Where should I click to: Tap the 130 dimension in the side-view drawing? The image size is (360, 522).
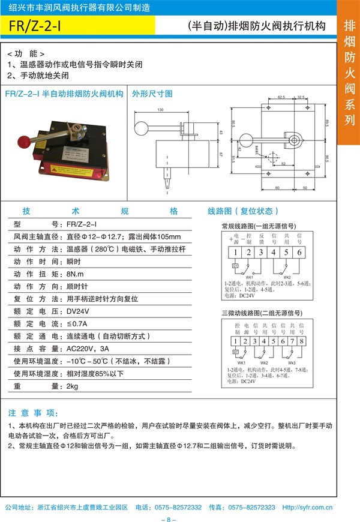160,110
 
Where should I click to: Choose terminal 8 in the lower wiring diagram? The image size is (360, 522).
302,341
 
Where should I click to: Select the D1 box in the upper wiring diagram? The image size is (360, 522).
236,265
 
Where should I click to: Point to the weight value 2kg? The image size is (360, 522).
72,386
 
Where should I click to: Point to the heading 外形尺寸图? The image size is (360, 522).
152,94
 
